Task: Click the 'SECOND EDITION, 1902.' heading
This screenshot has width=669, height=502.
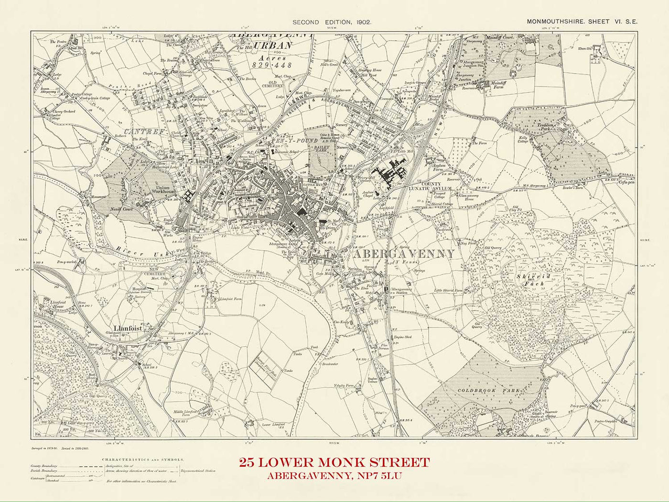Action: [x=331, y=22]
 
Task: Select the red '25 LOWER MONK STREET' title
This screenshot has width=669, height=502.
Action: [x=334, y=462]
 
